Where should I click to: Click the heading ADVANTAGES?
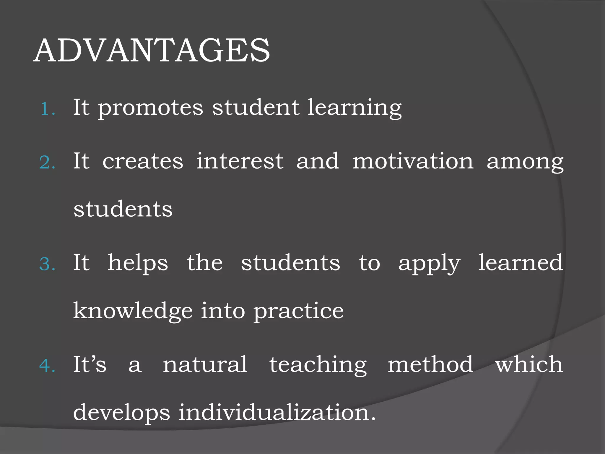click(152, 51)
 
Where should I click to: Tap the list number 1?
click(47, 109)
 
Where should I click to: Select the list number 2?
click(47, 163)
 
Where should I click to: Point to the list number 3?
click(47, 264)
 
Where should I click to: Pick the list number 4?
click(47, 366)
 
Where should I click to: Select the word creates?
click(143, 161)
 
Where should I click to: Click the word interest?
click(240, 161)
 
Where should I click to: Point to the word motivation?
click(413, 161)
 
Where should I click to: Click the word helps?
click(138, 263)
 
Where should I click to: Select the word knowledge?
click(133, 312)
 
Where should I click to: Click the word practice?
click(299, 312)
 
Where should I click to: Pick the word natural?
click(205, 364)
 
